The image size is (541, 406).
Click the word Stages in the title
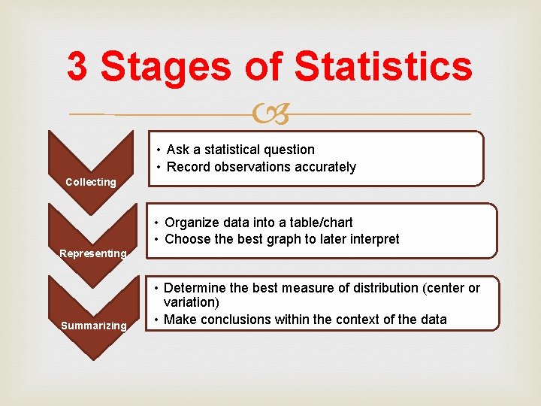click(166, 68)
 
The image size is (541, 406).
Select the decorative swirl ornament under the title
click(271, 115)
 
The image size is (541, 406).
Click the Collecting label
click(91, 182)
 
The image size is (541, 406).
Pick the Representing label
click(93, 253)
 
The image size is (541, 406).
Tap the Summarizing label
click(94, 326)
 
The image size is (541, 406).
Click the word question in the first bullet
click(289, 150)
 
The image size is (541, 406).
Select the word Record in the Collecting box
click(187, 167)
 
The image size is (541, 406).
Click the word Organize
click(190, 223)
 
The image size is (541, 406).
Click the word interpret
click(372, 239)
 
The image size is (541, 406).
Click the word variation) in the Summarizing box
click(192, 302)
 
